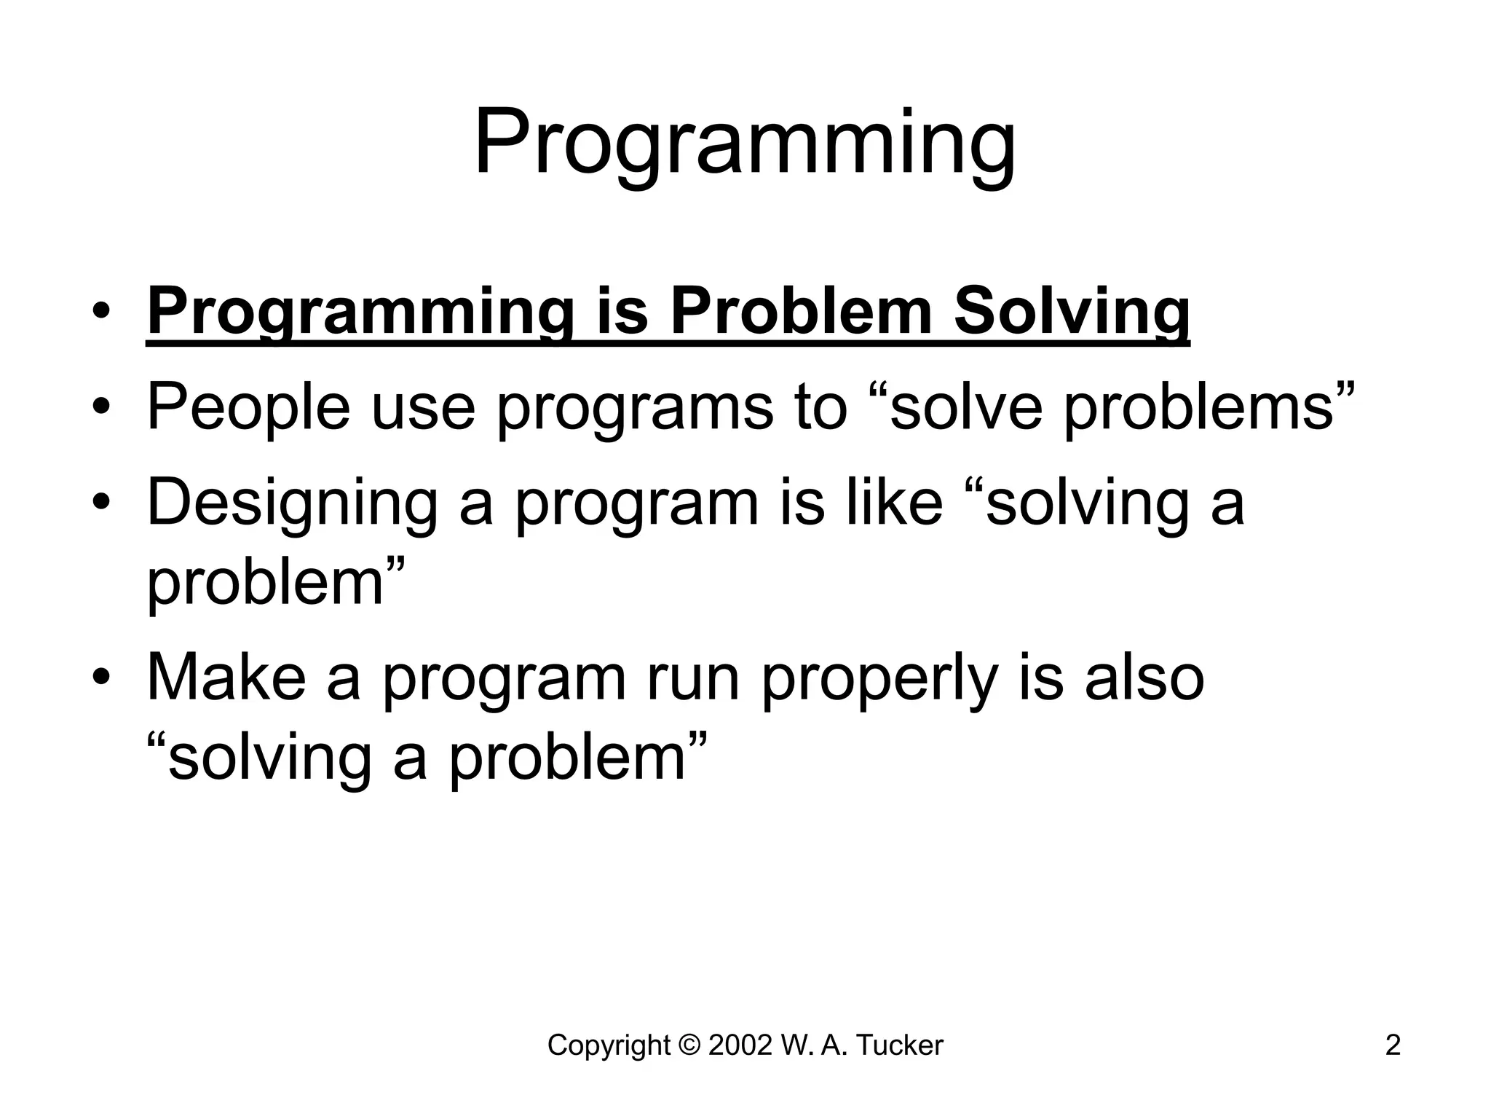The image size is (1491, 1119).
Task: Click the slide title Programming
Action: (x=745, y=144)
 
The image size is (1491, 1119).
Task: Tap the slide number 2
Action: (x=1392, y=1045)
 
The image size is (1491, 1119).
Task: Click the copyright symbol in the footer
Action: (x=688, y=1045)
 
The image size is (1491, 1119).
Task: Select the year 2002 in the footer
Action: (x=739, y=1045)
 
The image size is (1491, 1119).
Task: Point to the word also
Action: (x=1144, y=678)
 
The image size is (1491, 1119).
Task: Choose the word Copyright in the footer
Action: (x=608, y=1046)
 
